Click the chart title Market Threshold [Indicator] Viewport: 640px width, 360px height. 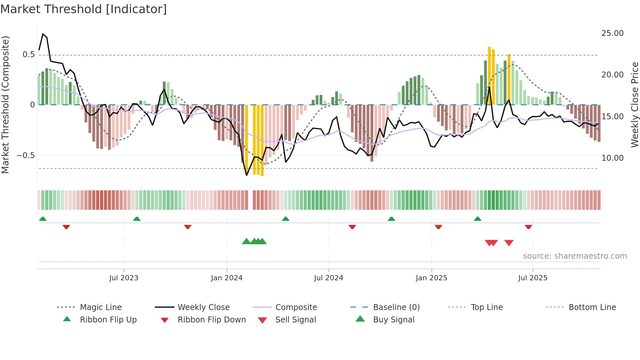pyautogui.click(x=84, y=9)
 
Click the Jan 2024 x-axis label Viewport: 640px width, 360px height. pyautogui.click(x=227, y=278)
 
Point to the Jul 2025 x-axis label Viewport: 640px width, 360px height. pyautogui.click(x=533, y=278)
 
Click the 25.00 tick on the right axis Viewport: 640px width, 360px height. pyautogui.click(x=612, y=33)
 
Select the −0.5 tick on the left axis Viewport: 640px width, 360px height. pyautogui.click(x=26, y=155)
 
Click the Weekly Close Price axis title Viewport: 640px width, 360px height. pyautogui.click(x=634, y=105)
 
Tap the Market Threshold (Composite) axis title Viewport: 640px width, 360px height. pyautogui.click(x=5, y=105)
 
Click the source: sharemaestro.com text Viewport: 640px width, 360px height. pyautogui.click(x=575, y=256)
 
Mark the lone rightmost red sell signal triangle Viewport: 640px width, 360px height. pyautogui.click(x=509, y=243)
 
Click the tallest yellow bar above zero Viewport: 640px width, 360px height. pyautogui.click(x=489, y=75)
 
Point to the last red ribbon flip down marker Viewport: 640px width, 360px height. pyautogui.click(x=528, y=227)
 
